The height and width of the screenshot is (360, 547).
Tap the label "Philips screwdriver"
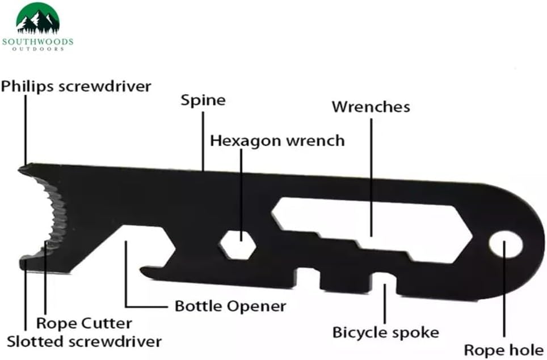(76, 86)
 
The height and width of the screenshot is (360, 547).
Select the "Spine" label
(203, 100)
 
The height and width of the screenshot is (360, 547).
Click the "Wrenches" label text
(371, 107)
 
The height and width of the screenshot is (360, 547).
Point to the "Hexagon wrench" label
(277, 141)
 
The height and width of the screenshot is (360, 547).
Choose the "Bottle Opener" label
(230, 306)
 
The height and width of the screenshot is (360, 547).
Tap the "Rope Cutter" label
(84, 323)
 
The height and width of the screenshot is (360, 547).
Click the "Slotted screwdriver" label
(84, 341)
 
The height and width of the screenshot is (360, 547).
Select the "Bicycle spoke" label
(385, 332)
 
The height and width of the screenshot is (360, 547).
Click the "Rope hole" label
(504, 350)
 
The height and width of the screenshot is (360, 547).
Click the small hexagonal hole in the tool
(238, 244)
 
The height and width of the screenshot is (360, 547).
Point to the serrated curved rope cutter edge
(52, 216)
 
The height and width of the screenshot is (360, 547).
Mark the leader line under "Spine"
(203, 141)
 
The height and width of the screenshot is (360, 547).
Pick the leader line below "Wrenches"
(371, 177)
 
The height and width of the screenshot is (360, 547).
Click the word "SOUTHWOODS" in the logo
(37, 42)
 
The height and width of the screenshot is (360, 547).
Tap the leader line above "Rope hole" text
(504, 289)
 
